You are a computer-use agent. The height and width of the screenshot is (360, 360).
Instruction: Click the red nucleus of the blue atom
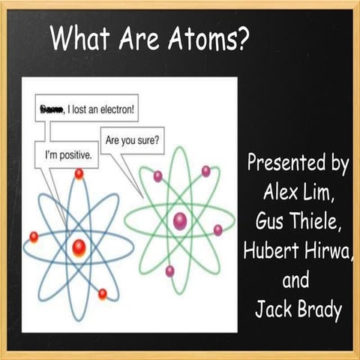pos(79,245)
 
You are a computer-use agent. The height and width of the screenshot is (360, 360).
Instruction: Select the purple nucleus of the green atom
pos(179,220)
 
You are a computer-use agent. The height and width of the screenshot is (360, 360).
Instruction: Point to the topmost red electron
pos(79,174)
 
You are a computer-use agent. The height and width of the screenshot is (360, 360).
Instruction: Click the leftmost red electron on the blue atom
pos(34,237)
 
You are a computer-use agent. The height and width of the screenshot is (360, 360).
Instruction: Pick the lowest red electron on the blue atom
pos(103,293)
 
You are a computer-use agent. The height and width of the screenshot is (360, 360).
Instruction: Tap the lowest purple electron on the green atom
pos(170,270)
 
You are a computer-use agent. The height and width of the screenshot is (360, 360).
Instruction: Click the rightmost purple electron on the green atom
pos(218,230)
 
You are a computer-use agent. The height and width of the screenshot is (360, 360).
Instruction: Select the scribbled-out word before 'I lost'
pos(52,111)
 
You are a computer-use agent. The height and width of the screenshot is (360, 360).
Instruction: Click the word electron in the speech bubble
pos(114,111)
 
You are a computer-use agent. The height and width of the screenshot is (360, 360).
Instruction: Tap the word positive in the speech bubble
pos(74,158)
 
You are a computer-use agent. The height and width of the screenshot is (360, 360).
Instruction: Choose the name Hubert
pos(270,250)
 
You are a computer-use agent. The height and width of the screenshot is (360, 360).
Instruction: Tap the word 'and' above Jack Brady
pos(295,281)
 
